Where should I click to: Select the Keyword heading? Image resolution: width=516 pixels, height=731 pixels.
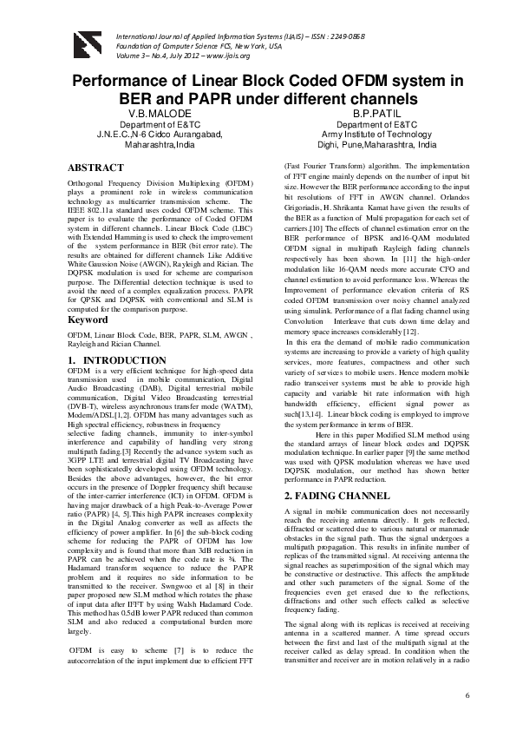point(88,319)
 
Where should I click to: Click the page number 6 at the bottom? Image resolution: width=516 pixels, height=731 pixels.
point(467,696)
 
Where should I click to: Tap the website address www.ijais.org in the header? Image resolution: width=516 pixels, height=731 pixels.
point(227,56)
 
